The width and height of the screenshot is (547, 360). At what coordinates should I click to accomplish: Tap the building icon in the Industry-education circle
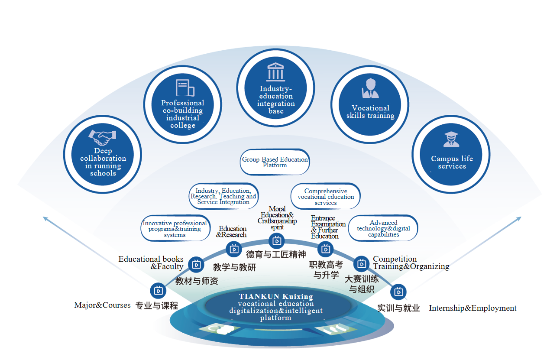coord(275,71)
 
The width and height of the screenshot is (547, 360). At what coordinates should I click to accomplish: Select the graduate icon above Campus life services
coord(451,139)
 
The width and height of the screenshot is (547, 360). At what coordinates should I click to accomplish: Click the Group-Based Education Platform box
coord(275,162)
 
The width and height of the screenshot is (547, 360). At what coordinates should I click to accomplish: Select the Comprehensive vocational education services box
coord(326,197)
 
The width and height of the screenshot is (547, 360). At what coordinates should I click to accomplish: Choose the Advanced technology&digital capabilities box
coord(383,228)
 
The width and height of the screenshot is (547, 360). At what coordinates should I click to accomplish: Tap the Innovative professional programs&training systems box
coord(175,229)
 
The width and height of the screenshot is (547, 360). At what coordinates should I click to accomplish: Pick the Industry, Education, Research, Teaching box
coord(223,196)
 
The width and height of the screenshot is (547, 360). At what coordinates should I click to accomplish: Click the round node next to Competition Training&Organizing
coord(361,263)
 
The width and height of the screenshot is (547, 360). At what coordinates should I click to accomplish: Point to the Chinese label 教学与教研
coord(234,267)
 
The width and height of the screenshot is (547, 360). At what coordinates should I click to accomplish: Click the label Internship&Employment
coord(473,308)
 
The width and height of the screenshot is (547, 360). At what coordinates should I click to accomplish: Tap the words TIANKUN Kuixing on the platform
coord(276,297)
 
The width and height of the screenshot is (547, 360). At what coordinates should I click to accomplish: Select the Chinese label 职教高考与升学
coord(326,269)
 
